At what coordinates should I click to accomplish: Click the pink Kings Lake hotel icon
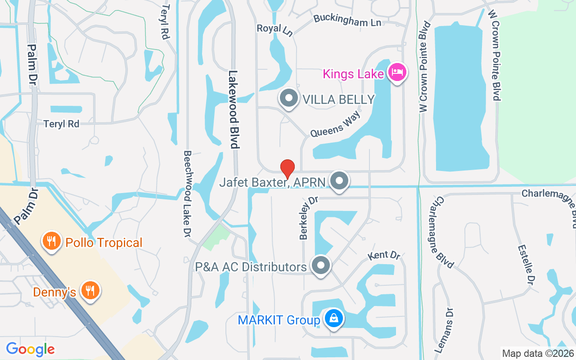click(x=397, y=72)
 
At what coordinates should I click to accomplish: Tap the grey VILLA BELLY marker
click(x=288, y=98)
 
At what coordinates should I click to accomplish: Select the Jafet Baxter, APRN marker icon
click(x=339, y=181)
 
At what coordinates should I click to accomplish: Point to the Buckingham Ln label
click(x=347, y=20)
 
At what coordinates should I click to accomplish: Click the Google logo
click(x=30, y=349)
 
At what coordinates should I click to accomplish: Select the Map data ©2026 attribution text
click(x=537, y=354)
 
